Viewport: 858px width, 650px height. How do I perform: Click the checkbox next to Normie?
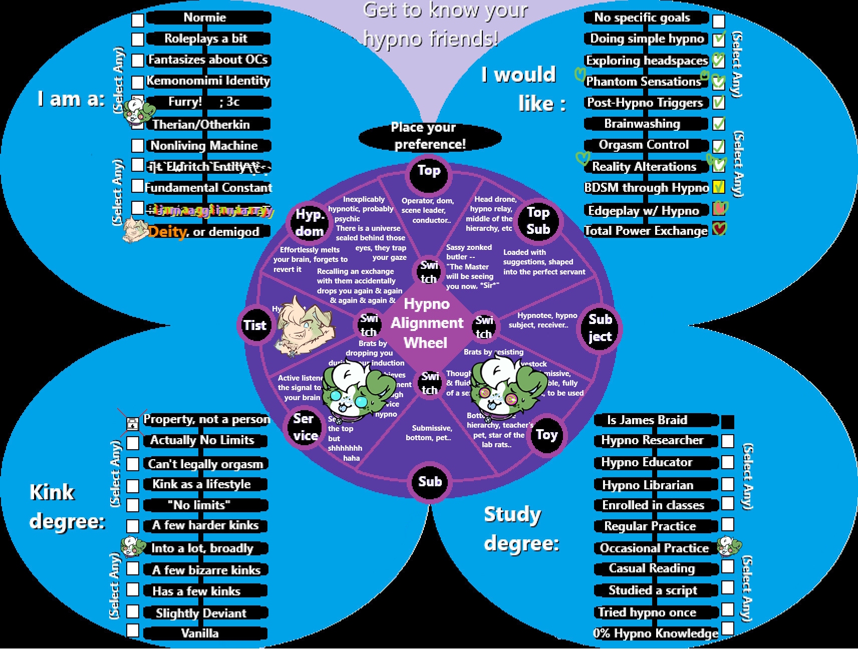[137, 20]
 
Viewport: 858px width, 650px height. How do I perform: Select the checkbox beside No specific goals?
[718, 21]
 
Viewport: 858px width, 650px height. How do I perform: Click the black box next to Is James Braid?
[727, 422]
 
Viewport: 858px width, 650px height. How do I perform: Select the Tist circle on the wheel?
[255, 326]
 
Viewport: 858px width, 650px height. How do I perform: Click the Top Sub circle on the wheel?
[538, 221]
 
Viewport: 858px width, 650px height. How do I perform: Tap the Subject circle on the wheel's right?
[600, 328]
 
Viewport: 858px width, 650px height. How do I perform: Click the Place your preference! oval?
[430, 136]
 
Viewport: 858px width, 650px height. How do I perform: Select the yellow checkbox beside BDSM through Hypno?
[718, 187]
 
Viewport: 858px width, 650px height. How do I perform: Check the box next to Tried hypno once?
[727, 610]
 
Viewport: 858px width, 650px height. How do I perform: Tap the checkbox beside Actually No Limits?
[133, 443]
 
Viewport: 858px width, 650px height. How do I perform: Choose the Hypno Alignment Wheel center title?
[427, 323]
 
